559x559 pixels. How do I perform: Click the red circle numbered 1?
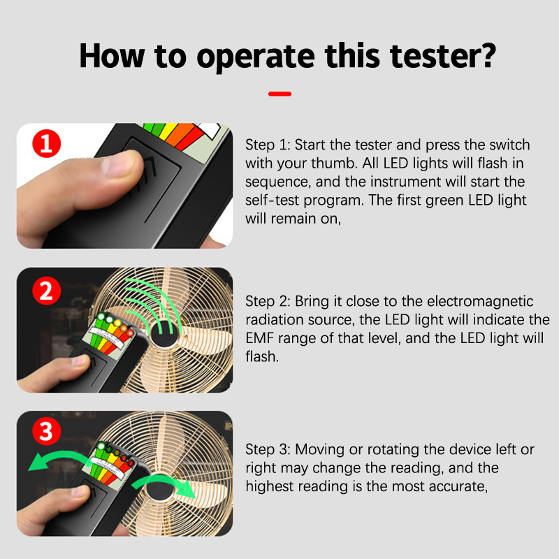point(47,144)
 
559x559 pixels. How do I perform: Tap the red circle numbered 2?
point(47,291)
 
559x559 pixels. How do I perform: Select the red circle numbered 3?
point(47,431)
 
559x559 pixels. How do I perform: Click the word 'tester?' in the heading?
point(443,56)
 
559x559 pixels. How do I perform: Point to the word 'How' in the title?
point(112,56)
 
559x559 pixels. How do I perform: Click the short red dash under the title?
point(280,94)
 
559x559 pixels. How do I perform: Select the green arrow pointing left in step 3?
point(57,458)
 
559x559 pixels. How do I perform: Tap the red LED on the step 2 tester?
point(130,333)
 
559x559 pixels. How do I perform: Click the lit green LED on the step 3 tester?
point(101,446)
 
